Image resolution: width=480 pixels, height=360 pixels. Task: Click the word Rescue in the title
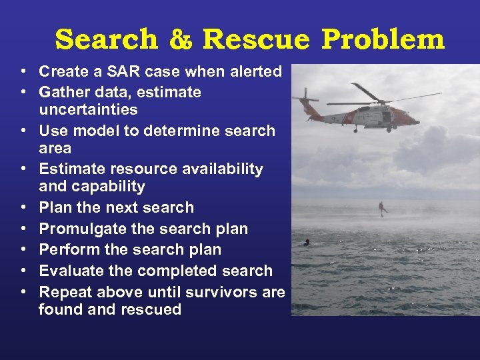(256, 40)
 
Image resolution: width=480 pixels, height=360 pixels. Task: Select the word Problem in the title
(383, 40)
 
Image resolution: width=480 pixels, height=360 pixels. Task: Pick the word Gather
(63, 91)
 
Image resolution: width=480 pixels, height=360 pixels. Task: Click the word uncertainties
(88, 109)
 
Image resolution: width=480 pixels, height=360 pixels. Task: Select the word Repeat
(65, 292)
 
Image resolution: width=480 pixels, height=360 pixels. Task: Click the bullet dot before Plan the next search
(23, 208)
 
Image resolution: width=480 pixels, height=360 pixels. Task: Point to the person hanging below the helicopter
(383, 207)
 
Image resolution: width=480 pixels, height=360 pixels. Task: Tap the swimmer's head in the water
(307, 241)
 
